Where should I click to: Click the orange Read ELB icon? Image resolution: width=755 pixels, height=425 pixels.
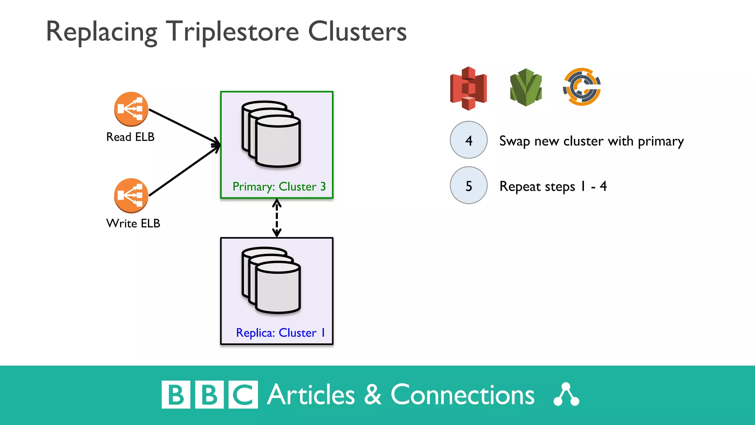[x=131, y=109]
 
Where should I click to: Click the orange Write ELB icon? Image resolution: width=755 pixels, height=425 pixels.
[x=131, y=196]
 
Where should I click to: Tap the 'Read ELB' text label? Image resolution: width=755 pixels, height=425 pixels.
[x=130, y=137]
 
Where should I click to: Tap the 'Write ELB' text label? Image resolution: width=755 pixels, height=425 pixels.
[x=133, y=223]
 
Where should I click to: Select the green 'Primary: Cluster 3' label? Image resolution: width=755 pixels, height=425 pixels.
[x=279, y=187]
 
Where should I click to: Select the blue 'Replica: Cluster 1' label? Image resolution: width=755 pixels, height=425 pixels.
[x=280, y=333]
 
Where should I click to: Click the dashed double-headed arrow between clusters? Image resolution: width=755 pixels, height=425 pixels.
[x=277, y=218]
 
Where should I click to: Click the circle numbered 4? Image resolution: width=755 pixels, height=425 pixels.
[x=469, y=140]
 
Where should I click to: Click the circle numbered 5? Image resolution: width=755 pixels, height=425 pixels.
[x=469, y=186]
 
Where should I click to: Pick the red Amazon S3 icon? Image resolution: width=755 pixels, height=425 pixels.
[x=469, y=88]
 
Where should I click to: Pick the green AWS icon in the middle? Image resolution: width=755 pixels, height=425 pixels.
[x=526, y=87]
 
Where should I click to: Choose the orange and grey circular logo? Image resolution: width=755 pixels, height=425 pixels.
[x=582, y=87]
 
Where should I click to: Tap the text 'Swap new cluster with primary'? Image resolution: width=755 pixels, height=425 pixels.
[x=591, y=141]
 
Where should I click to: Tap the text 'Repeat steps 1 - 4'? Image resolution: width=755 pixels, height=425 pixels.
[x=553, y=186]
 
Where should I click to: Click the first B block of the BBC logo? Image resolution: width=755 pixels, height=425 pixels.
[x=176, y=395]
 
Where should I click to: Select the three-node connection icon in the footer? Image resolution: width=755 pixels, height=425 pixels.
[x=566, y=395]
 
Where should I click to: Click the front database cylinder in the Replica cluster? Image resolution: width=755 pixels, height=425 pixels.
[x=278, y=288]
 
